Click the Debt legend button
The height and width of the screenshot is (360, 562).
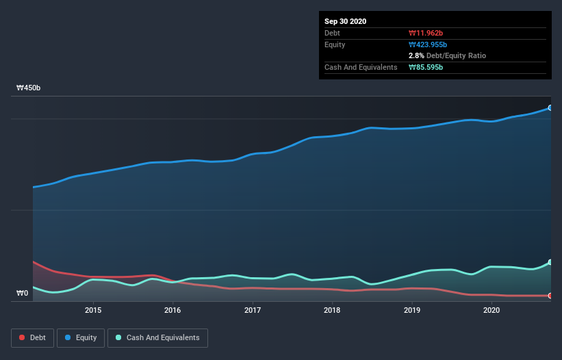(x=33, y=337)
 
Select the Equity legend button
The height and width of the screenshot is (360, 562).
(x=80, y=337)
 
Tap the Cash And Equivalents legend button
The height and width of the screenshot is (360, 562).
(x=157, y=337)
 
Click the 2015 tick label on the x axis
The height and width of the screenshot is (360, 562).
(x=93, y=310)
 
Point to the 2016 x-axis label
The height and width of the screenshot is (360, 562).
(x=173, y=310)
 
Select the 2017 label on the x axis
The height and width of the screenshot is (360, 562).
(x=253, y=310)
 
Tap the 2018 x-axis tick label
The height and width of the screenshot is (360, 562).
(x=332, y=310)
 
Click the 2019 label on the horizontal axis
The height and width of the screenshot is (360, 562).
(x=412, y=310)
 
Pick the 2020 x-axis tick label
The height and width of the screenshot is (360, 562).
(x=491, y=310)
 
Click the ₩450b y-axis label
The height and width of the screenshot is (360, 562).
(x=29, y=88)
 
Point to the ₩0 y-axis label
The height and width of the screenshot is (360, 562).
(x=23, y=294)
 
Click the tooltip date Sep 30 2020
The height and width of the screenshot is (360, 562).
(x=345, y=21)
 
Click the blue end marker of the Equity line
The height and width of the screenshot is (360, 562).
(x=550, y=108)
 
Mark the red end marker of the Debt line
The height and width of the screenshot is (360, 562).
(x=550, y=296)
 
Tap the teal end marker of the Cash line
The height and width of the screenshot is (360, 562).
(x=550, y=263)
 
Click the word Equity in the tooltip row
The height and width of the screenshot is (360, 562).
(x=335, y=44)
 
